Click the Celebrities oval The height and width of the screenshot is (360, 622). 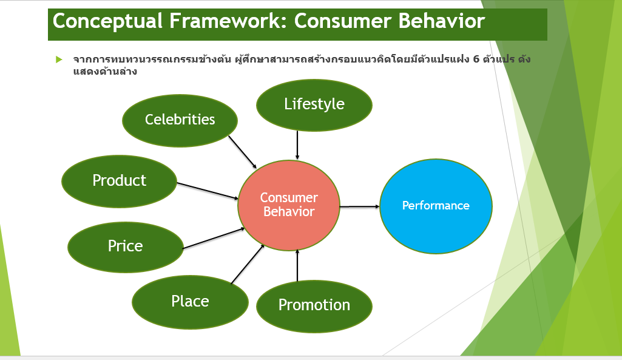180,120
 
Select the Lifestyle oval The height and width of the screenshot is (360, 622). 314,104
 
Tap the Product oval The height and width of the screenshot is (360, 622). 119,181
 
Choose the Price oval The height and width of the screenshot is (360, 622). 125,246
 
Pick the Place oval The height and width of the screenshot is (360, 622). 190,302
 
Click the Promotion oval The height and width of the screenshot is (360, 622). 314,305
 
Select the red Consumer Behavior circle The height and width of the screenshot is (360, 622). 289,205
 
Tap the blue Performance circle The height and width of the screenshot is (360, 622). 436,206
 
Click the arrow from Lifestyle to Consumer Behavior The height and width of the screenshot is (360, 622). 297,145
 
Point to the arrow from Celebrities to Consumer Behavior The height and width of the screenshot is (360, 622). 242,152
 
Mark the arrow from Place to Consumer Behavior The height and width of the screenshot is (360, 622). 248,264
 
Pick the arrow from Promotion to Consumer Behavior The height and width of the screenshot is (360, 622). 297,266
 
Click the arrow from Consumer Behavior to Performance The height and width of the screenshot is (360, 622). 360,206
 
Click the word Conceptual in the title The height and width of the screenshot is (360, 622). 106,21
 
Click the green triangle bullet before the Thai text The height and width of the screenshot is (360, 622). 59,59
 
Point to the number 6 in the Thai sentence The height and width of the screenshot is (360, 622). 475,59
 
